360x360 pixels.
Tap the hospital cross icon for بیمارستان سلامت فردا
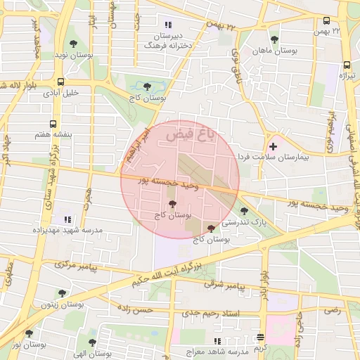pyautogui.click(x=273, y=146)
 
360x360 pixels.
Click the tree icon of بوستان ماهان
pyautogui.click(x=273, y=39)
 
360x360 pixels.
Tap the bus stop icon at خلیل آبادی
pyautogui.click(x=62, y=81)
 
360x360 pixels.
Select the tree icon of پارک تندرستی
pyautogui.click(x=243, y=210)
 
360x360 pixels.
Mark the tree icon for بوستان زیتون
pyautogui.click(x=63, y=294)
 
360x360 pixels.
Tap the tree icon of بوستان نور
pyautogui.click(x=29, y=334)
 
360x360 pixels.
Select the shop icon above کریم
pyautogui.click(x=261, y=337)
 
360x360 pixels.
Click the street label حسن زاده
pyautogui.click(x=136, y=309)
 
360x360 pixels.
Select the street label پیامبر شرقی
pyautogui.click(x=224, y=285)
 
